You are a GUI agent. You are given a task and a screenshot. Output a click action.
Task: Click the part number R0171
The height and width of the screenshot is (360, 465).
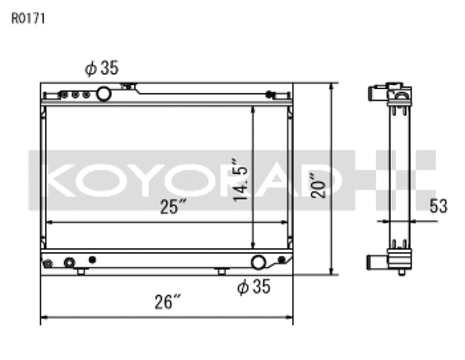(28, 19)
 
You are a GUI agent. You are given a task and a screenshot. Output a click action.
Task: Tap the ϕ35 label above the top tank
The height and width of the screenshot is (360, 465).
(102, 68)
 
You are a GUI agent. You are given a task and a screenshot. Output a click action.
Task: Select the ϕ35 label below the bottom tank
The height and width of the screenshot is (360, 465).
(254, 287)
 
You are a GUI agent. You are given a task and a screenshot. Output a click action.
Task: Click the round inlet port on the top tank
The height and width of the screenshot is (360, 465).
(104, 94)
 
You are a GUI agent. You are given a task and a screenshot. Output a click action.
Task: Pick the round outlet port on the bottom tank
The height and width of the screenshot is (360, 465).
(259, 262)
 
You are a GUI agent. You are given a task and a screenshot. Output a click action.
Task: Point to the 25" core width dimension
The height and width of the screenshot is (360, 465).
(173, 206)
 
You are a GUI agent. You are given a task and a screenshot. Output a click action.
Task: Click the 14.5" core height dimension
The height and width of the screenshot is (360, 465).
(240, 180)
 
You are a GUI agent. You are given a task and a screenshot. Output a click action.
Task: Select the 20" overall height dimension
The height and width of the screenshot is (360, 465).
(318, 185)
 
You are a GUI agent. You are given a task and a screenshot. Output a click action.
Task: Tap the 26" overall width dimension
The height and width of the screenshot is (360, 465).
(168, 302)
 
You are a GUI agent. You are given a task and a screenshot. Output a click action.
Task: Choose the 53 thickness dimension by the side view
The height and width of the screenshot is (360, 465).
(438, 206)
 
